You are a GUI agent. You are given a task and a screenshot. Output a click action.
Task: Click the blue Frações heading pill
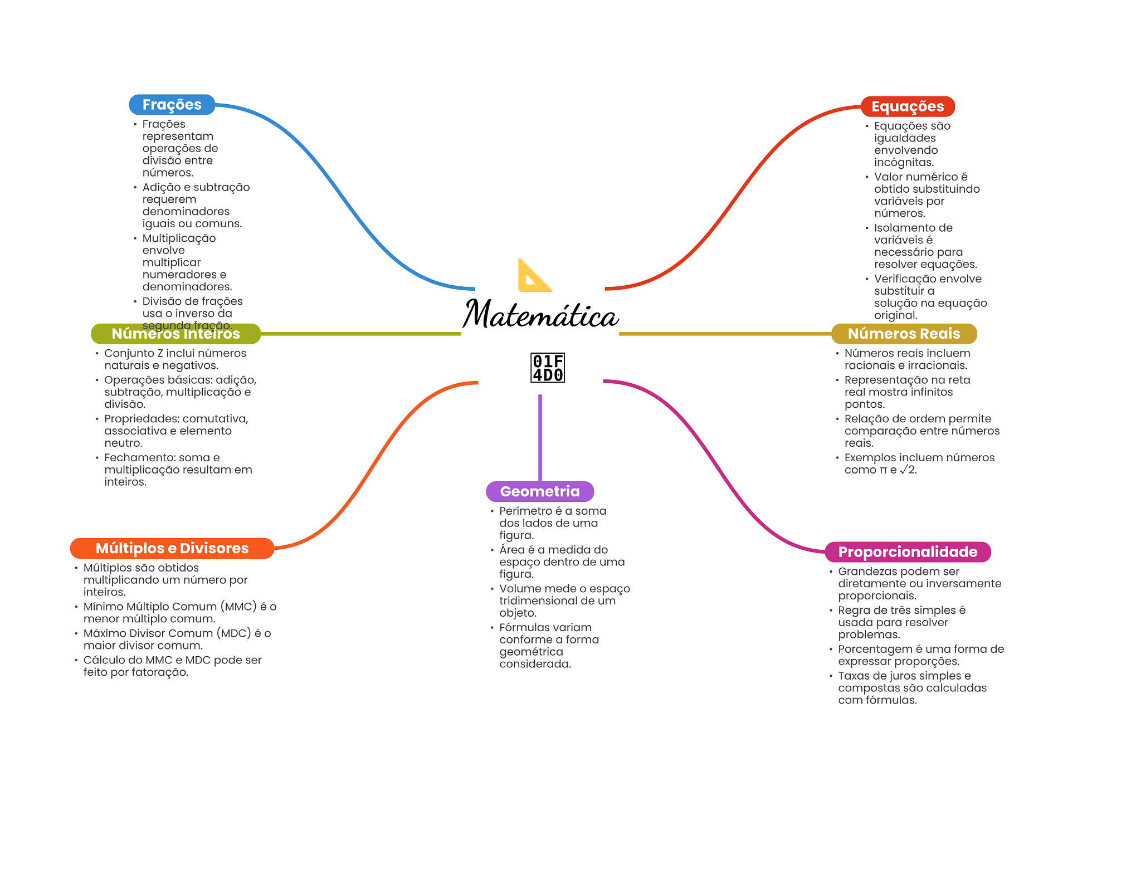click(x=172, y=105)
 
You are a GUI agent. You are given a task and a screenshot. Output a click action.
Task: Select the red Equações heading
click(x=908, y=106)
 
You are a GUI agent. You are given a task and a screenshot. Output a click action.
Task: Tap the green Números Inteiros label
click(x=175, y=334)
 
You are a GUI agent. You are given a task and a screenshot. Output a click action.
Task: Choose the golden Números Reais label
click(x=904, y=334)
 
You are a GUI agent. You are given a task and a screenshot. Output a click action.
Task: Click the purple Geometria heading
click(x=540, y=491)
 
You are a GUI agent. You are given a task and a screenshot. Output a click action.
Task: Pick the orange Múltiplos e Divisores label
click(x=172, y=548)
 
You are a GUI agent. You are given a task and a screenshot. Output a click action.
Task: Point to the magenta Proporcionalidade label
click(x=908, y=552)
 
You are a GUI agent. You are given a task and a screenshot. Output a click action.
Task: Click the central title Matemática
click(x=540, y=315)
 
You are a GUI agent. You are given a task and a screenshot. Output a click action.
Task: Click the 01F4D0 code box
click(x=548, y=368)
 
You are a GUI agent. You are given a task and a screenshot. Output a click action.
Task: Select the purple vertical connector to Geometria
click(x=540, y=437)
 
